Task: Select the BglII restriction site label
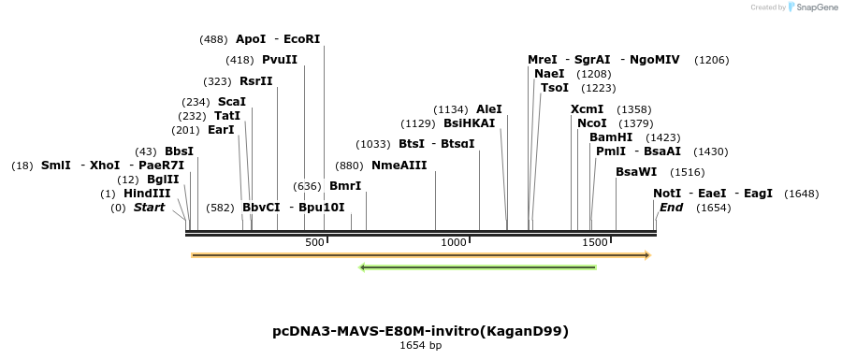click(x=163, y=180)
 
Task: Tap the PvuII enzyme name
click(x=280, y=60)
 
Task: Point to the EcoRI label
click(x=302, y=39)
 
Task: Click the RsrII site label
click(x=256, y=81)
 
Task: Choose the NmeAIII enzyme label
click(x=399, y=166)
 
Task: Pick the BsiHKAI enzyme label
click(x=470, y=123)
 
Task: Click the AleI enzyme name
click(x=489, y=109)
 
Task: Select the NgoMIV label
click(x=655, y=60)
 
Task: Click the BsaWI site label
click(x=636, y=172)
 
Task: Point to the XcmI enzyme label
click(x=588, y=109)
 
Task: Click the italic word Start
click(x=149, y=208)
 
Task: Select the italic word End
click(x=671, y=208)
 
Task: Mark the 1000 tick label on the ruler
click(x=454, y=242)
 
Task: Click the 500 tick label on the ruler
click(x=315, y=242)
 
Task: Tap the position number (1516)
click(x=688, y=172)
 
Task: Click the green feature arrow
click(x=477, y=267)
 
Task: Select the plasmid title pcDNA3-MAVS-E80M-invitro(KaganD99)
click(x=420, y=331)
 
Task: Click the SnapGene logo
click(x=810, y=7)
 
